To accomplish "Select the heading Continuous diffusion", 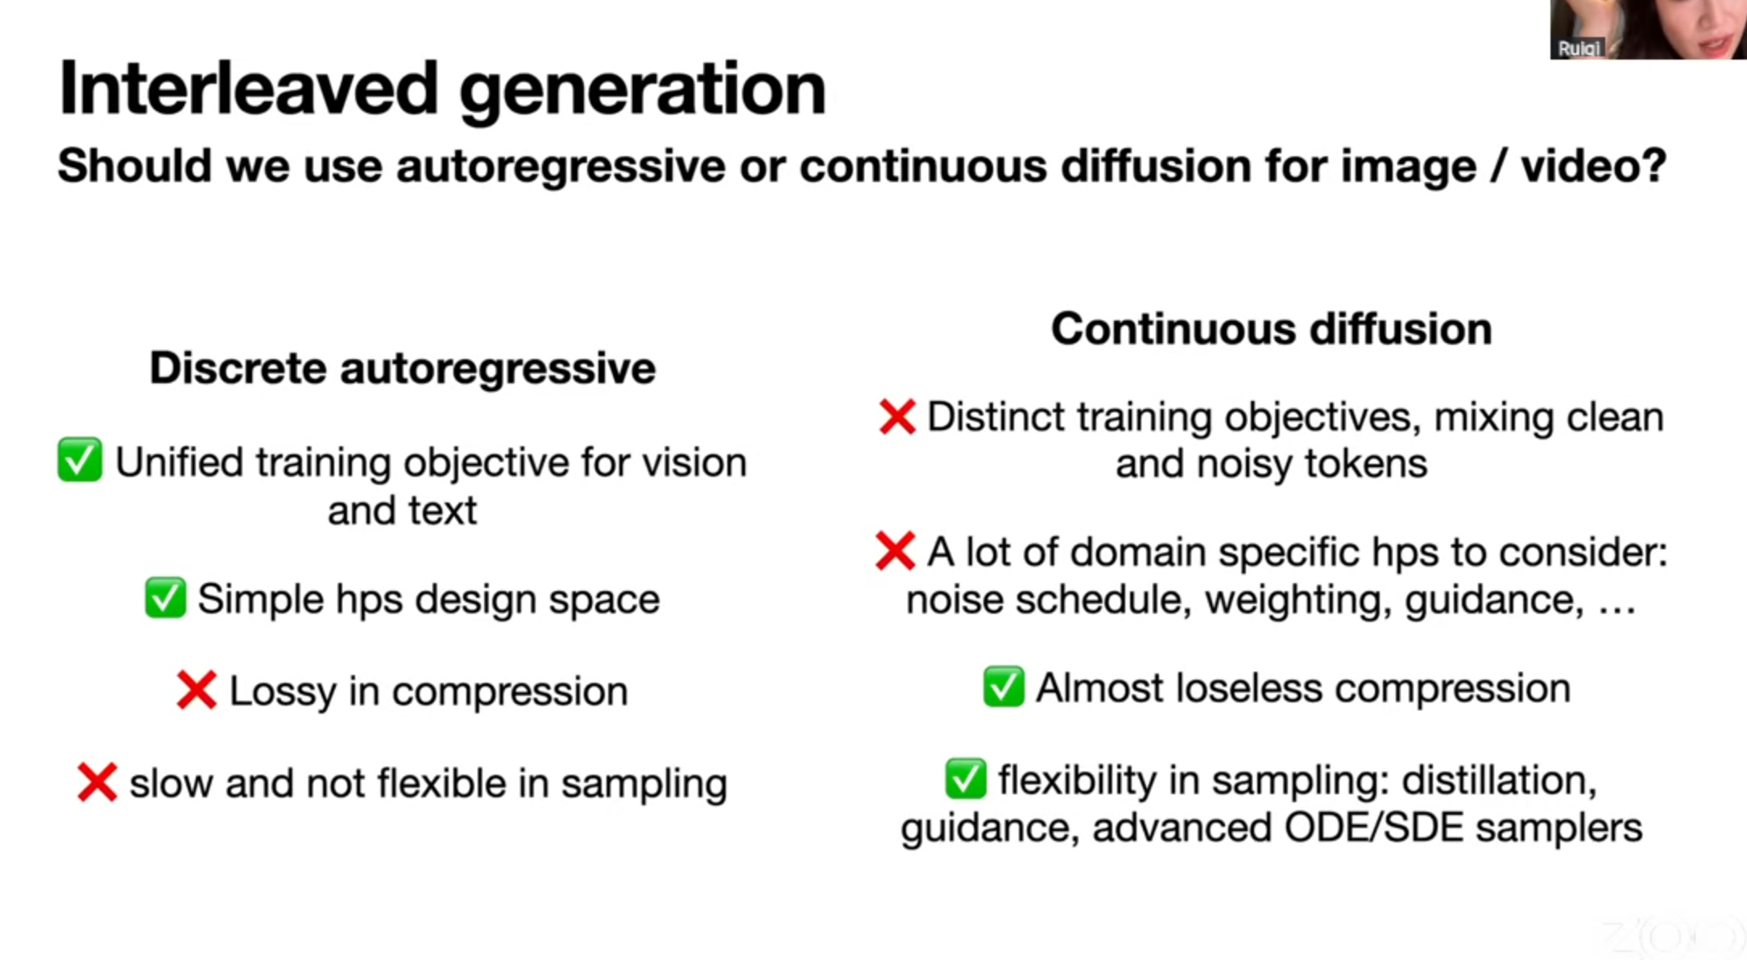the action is click(x=1272, y=329).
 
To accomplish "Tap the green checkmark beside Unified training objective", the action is click(x=80, y=460).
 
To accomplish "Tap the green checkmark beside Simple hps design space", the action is click(x=165, y=598).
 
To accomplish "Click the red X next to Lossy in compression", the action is click(x=197, y=690).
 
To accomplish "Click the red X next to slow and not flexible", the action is click(x=97, y=782).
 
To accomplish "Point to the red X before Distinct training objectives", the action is click(x=897, y=417).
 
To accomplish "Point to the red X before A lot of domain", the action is click(x=895, y=552).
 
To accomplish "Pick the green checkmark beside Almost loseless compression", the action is click(x=1004, y=687).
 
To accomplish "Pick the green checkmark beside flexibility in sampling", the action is click(x=966, y=779).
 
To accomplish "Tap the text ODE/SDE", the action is click(x=1374, y=828).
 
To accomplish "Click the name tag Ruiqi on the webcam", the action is click(x=1578, y=48).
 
